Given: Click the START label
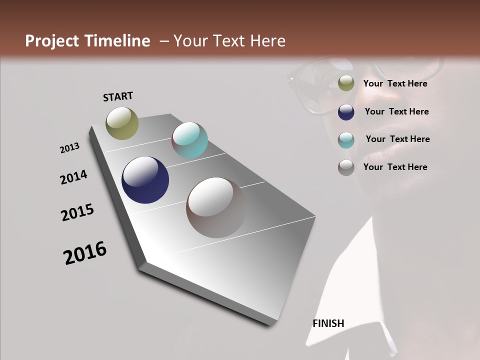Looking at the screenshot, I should (118, 96).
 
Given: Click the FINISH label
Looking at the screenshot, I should (328, 323).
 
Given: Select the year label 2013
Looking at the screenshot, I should (69, 148).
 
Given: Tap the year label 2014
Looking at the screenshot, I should (73, 177).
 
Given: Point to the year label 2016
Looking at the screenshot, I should (85, 253).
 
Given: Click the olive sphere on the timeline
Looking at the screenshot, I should (122, 123).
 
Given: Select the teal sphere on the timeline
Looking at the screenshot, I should (189, 140).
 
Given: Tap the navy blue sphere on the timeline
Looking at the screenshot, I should (145, 180).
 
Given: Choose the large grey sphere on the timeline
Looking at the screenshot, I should (216, 207).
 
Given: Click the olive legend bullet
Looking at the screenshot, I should (346, 83).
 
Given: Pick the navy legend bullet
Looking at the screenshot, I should (346, 112).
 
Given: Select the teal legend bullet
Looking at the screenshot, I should (346, 140).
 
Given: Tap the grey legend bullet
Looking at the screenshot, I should (346, 167).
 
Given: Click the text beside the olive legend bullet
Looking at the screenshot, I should (395, 83).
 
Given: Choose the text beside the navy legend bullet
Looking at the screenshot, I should (396, 111).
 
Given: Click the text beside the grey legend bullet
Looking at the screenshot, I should (395, 167).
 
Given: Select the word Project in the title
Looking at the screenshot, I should (52, 41).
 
